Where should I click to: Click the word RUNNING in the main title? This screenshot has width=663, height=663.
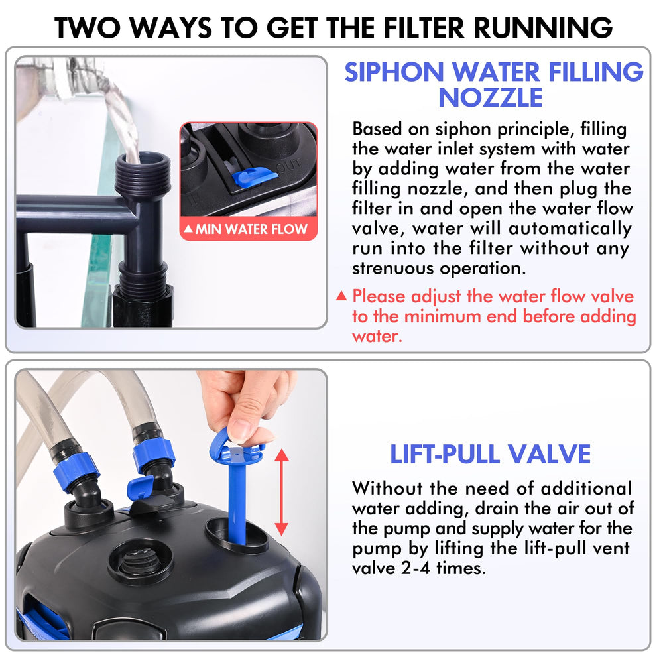(543, 28)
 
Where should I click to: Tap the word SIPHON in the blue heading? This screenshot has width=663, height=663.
(394, 72)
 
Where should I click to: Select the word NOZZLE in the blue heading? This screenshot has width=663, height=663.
(490, 97)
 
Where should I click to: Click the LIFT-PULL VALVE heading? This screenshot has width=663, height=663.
(490, 454)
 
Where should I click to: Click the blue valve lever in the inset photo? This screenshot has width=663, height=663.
(249, 176)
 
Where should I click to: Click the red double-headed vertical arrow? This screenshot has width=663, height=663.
(282, 493)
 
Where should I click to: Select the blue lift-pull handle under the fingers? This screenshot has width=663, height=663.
(237, 486)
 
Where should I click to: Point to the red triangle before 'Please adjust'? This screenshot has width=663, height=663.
(341, 296)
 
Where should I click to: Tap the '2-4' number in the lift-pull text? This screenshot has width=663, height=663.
(416, 568)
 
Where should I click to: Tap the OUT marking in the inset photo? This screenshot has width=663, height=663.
(289, 166)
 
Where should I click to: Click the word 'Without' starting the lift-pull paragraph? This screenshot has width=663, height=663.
(387, 489)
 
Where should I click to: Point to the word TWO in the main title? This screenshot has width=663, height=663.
(88, 28)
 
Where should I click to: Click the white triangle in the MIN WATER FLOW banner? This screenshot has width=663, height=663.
(188, 229)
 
